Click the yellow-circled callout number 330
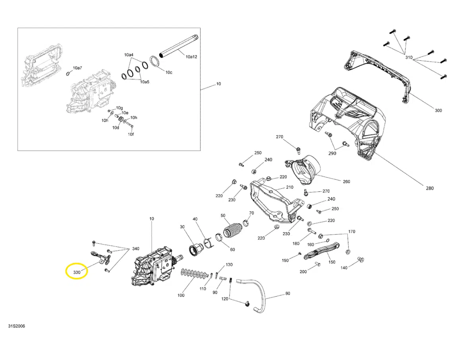point(77,272)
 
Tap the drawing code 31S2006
point(17,326)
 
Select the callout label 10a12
point(191,57)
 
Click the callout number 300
point(438,110)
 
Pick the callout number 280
point(430,188)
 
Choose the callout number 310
point(409,58)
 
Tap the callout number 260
point(346,182)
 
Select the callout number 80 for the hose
point(288,294)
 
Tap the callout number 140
point(344,268)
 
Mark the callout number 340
point(135,249)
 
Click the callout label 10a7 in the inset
point(77,68)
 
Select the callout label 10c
point(169,72)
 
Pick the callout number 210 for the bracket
point(289,187)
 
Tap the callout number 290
point(332,153)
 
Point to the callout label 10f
point(131,134)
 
